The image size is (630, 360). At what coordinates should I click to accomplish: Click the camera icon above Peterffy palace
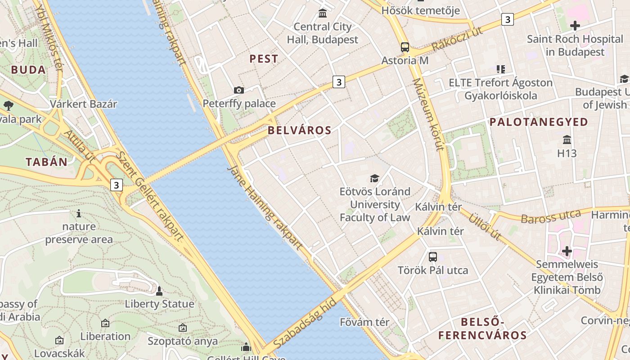(x=239, y=90)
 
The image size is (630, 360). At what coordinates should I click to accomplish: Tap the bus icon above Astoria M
(x=405, y=47)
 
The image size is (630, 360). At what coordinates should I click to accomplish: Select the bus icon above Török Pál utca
(x=432, y=257)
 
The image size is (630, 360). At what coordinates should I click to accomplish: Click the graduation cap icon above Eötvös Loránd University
(x=374, y=178)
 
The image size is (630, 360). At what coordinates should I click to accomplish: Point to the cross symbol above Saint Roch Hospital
(x=575, y=26)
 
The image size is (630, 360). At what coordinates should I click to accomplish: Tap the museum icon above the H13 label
(x=567, y=139)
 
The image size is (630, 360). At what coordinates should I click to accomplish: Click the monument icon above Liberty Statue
(x=159, y=291)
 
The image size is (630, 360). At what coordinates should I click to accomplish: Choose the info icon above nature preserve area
(x=79, y=213)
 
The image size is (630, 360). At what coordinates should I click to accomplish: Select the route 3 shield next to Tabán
(x=117, y=185)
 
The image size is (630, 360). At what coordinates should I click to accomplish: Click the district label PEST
(x=264, y=58)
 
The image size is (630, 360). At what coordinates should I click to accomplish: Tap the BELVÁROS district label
(x=299, y=130)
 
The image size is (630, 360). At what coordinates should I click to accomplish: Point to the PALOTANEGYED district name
(x=539, y=122)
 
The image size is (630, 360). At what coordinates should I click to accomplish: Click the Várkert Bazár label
(x=83, y=104)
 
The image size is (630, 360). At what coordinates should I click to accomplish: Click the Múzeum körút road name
(x=428, y=115)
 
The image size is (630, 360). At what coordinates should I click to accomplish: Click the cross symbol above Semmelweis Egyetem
(x=567, y=251)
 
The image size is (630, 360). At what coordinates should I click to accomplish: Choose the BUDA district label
(x=28, y=70)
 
